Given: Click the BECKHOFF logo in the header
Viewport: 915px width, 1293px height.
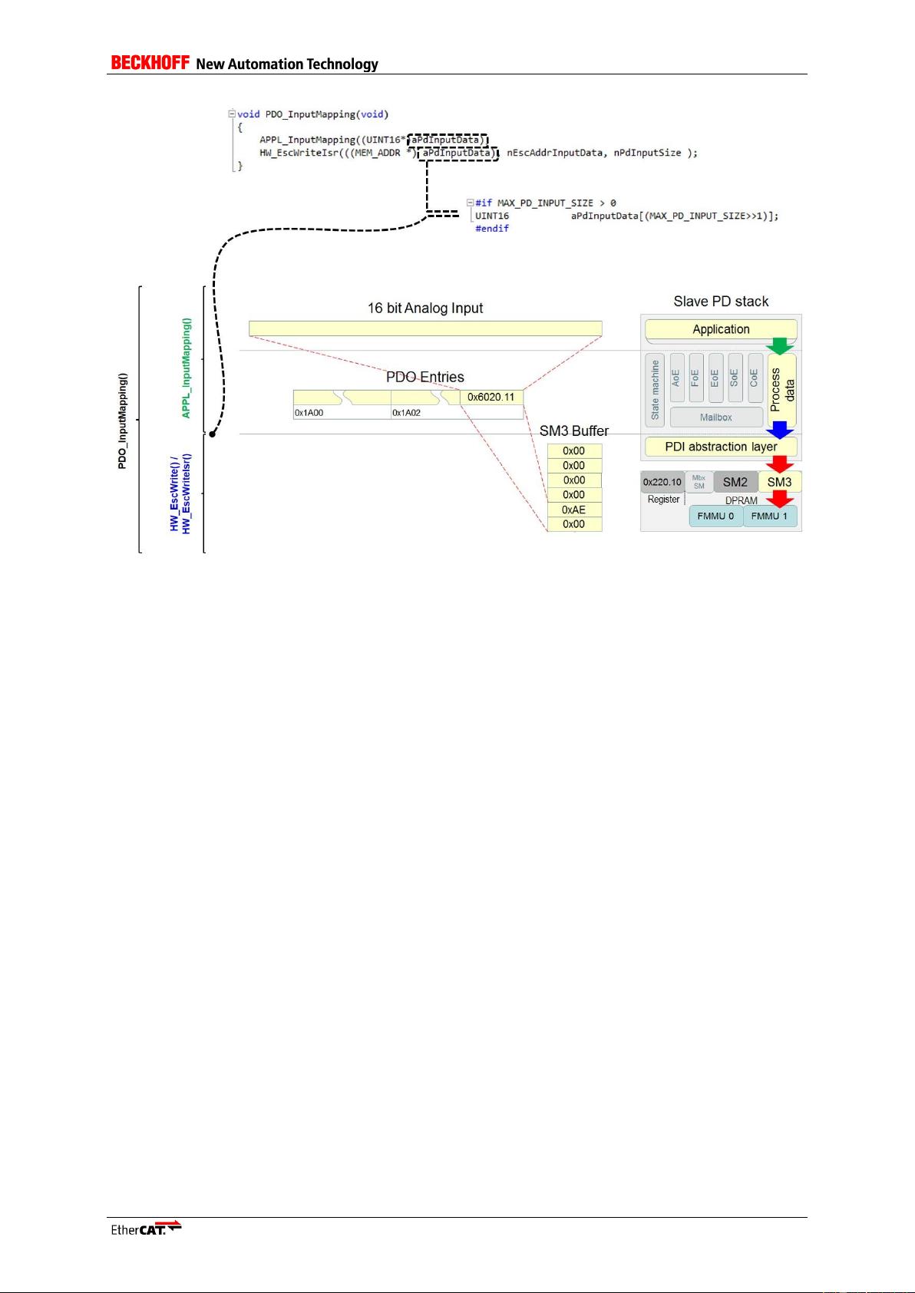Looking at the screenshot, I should click(150, 63).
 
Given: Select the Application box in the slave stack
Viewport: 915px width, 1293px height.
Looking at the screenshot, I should click(721, 329).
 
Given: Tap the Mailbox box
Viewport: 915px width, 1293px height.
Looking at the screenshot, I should click(715, 417).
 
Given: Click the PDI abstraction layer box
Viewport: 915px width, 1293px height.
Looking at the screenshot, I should click(721, 447).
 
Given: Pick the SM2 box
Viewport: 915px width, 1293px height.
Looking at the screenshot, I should click(735, 482).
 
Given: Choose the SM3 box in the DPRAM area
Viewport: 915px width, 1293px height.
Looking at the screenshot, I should click(779, 482).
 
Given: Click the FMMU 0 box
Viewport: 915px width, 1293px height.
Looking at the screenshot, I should click(715, 516).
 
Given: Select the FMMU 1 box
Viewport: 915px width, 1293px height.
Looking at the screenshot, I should click(769, 516).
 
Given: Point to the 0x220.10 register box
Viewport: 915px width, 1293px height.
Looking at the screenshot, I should click(662, 482).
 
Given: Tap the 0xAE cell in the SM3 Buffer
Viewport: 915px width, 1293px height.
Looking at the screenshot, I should click(574, 510).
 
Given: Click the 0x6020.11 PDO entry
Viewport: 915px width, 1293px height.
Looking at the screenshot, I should click(491, 397).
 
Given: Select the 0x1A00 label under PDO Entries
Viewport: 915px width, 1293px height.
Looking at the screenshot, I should click(309, 413).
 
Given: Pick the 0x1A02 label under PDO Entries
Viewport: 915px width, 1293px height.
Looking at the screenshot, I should click(407, 413).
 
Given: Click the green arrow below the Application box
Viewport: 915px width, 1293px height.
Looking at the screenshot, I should click(781, 346).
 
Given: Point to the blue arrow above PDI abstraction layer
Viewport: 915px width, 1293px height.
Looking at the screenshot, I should click(781, 430).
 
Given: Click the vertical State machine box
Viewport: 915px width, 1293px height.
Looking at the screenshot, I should click(655, 390).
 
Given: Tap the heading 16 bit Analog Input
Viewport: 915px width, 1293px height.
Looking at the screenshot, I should click(425, 308).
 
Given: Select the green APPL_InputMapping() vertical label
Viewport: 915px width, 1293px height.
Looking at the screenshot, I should click(186, 368).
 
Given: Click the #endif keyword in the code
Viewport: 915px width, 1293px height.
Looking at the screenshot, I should click(492, 229).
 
